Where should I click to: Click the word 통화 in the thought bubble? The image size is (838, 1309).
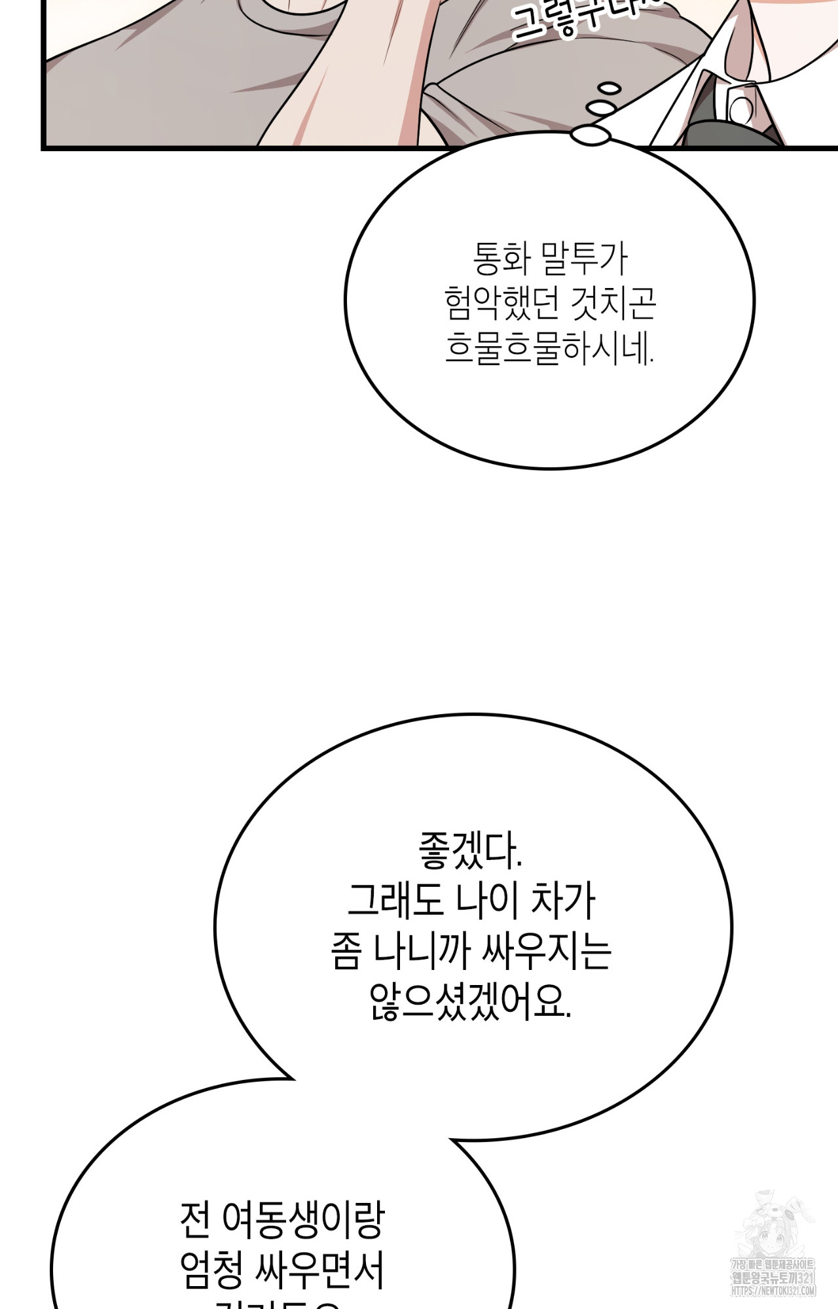pos(501,260)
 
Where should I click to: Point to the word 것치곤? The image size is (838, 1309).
pos(613,304)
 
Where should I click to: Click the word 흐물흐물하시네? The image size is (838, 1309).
pos(549,348)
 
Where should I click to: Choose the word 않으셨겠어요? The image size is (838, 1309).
pos(470,1001)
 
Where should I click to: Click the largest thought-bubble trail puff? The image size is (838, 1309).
pos(591,135)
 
